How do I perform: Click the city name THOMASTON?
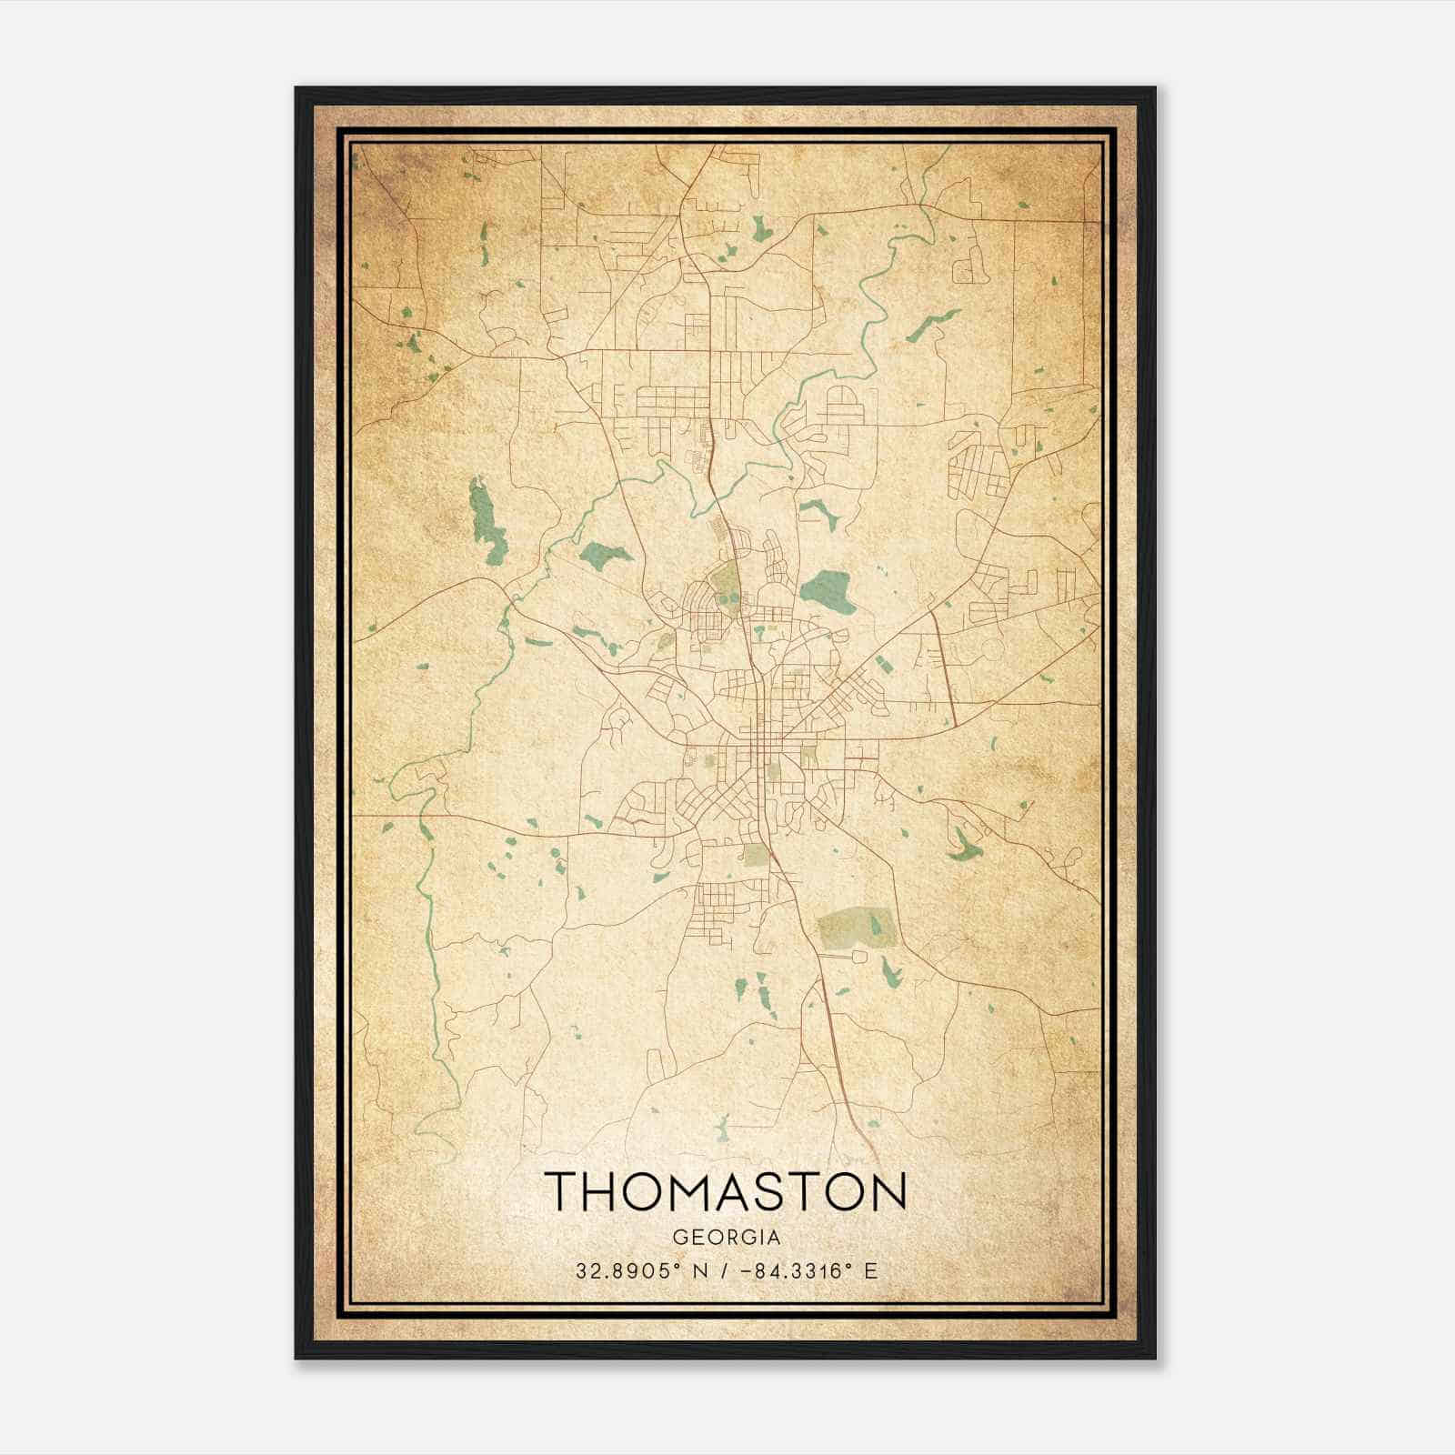pos(727,1192)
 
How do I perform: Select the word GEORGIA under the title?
pos(727,1238)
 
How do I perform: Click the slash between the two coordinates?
pos(721,1271)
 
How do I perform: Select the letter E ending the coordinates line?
pos(871,1271)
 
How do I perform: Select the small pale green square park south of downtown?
pos(756,854)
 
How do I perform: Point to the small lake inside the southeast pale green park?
pos(875,927)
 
